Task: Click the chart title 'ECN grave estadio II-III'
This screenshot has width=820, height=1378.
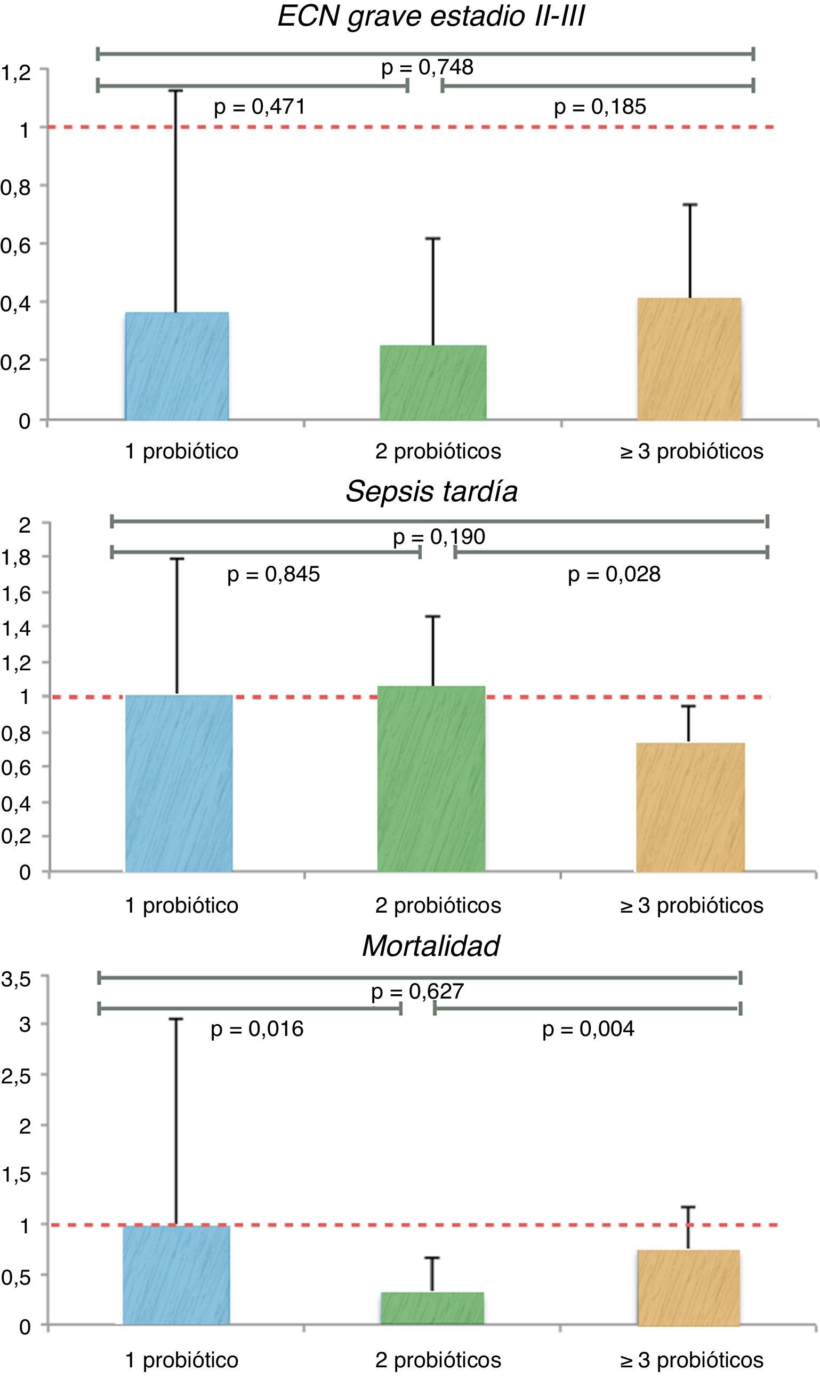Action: [x=431, y=16]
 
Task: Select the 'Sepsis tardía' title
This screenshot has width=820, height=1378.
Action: [x=431, y=491]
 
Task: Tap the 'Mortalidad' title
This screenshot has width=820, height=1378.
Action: [x=431, y=946]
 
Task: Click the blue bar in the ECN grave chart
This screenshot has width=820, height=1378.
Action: [x=177, y=366]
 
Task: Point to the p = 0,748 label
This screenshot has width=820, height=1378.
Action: [x=427, y=67]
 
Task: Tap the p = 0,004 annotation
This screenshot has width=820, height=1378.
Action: [x=588, y=1029]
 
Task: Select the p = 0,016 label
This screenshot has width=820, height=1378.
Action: [x=257, y=1029]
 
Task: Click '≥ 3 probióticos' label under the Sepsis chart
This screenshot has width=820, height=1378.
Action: [x=692, y=905]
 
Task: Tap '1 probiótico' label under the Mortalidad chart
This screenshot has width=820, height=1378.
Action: [x=182, y=1360]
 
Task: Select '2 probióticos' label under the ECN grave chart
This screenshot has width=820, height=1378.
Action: [x=438, y=451]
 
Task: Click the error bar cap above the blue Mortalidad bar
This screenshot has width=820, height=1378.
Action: [x=176, y=1019]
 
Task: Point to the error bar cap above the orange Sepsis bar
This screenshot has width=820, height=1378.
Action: [x=688, y=706]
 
